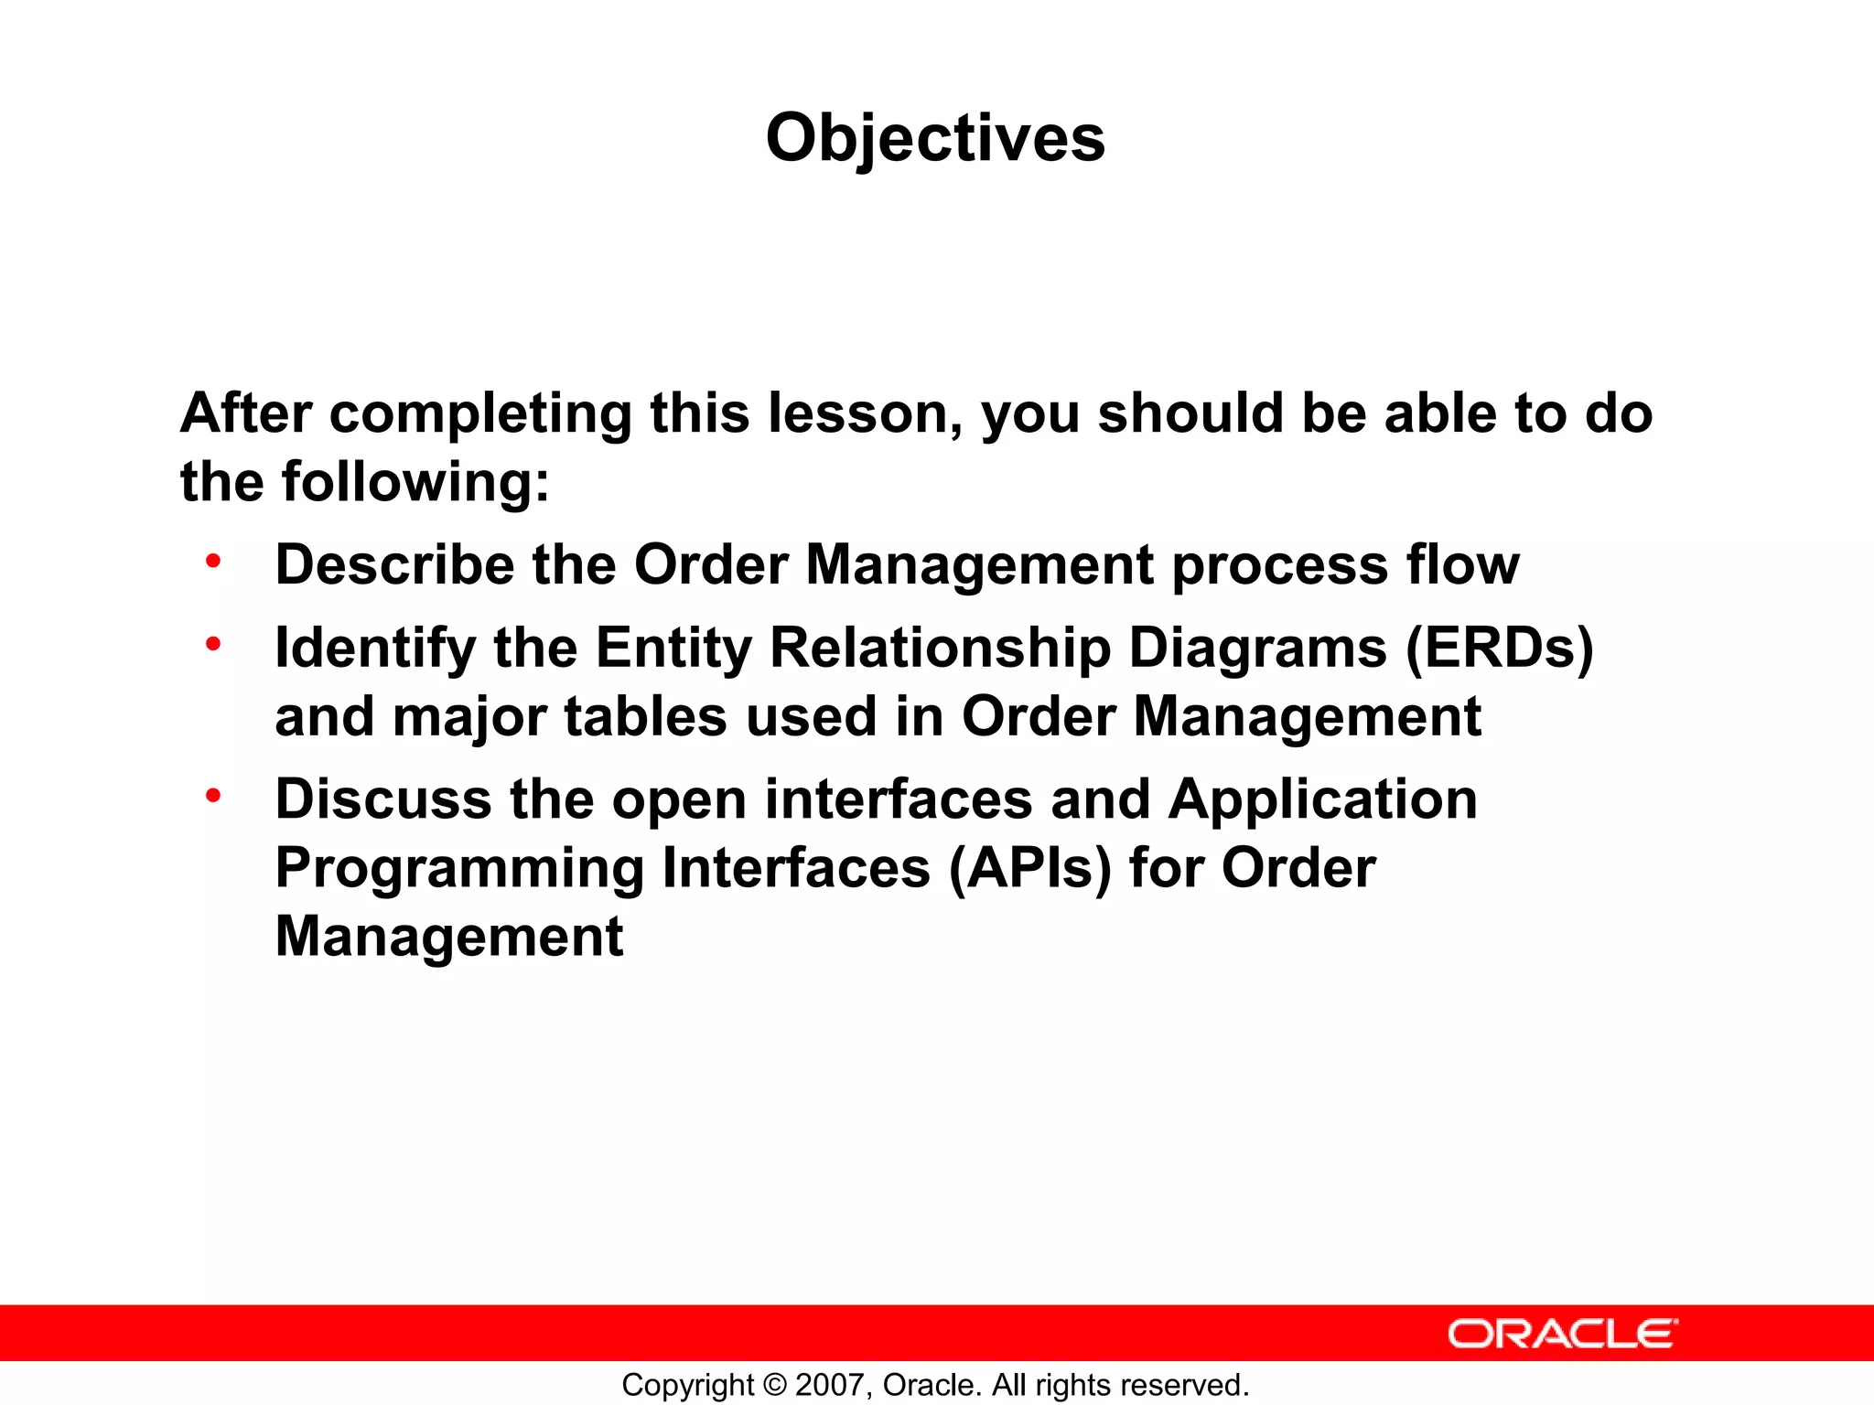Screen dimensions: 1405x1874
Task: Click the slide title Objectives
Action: pyautogui.click(x=935, y=138)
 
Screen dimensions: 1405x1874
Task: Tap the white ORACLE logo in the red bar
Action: pyautogui.click(x=1562, y=1334)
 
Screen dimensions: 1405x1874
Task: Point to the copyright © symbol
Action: pyautogui.click(x=774, y=1385)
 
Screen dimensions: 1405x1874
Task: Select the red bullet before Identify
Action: pyautogui.click(x=213, y=644)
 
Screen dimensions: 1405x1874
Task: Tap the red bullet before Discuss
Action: pyautogui.click(x=213, y=795)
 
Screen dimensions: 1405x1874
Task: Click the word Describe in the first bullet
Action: pyautogui.click(x=394, y=564)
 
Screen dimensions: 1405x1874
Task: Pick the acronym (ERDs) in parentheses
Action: pyautogui.click(x=1499, y=649)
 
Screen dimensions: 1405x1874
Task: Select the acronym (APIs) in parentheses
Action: pyautogui.click(x=1030, y=868)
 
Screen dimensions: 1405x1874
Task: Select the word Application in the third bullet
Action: pyautogui.click(x=1322, y=799)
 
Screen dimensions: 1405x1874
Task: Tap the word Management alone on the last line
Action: pyautogui.click(x=448, y=937)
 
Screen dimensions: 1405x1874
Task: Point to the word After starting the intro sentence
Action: pyautogui.click(x=246, y=413)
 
